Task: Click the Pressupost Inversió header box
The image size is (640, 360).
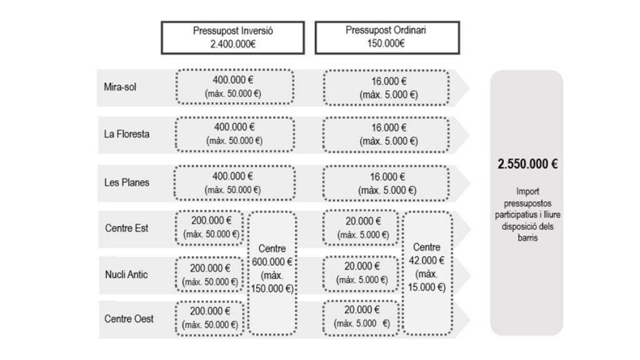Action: point(232,37)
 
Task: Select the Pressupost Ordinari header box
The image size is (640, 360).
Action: point(387,37)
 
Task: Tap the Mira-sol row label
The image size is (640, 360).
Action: point(120,87)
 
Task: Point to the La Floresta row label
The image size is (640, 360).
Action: point(126,134)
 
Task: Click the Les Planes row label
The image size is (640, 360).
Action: point(126,182)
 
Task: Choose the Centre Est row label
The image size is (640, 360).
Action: point(126,228)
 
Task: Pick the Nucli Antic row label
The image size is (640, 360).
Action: point(126,274)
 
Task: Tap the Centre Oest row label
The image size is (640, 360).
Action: point(129,319)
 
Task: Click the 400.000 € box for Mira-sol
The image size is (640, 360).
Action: point(235,86)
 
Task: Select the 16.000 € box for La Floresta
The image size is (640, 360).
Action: point(386,134)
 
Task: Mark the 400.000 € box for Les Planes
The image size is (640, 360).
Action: point(234,183)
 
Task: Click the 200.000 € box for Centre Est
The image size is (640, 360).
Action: point(209,227)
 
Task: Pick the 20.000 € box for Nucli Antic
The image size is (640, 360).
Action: point(361,274)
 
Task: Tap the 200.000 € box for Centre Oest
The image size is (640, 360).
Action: point(209,318)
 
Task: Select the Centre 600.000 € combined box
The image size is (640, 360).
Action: point(272,273)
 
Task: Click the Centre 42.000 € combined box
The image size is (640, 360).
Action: point(427,273)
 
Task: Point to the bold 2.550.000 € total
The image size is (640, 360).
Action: point(527,164)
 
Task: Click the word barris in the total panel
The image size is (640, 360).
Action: point(527,237)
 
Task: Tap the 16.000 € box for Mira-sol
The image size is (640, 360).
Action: point(386,87)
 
